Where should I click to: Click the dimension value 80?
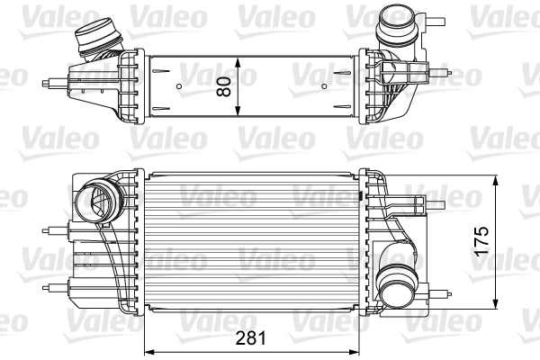pos(224,86)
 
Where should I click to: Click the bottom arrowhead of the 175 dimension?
pos(497,305)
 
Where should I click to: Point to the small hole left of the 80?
pos(179,86)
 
